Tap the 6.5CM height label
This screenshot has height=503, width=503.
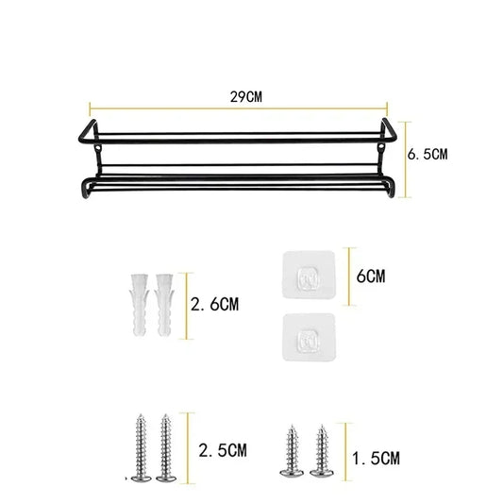(x=428, y=155)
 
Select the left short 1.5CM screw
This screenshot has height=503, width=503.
(x=288, y=450)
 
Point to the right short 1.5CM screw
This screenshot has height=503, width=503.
(x=323, y=450)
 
